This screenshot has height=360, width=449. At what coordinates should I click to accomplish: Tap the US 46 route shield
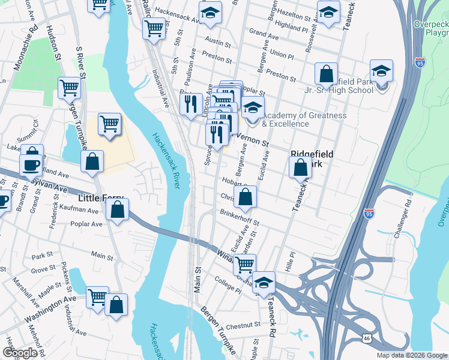(366, 339)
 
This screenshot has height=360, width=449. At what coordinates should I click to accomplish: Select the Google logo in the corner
(20, 353)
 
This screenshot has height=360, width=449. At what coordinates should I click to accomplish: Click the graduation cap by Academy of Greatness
(253, 107)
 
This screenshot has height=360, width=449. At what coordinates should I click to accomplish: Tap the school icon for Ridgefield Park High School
(381, 71)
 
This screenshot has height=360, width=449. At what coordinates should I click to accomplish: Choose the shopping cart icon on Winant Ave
(244, 263)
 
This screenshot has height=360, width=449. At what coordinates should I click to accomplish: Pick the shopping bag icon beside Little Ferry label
(117, 209)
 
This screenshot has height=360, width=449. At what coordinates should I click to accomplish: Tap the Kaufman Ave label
(79, 211)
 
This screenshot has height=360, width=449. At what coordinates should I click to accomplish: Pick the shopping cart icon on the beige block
(109, 124)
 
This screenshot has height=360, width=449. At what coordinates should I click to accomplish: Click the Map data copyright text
(411, 355)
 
